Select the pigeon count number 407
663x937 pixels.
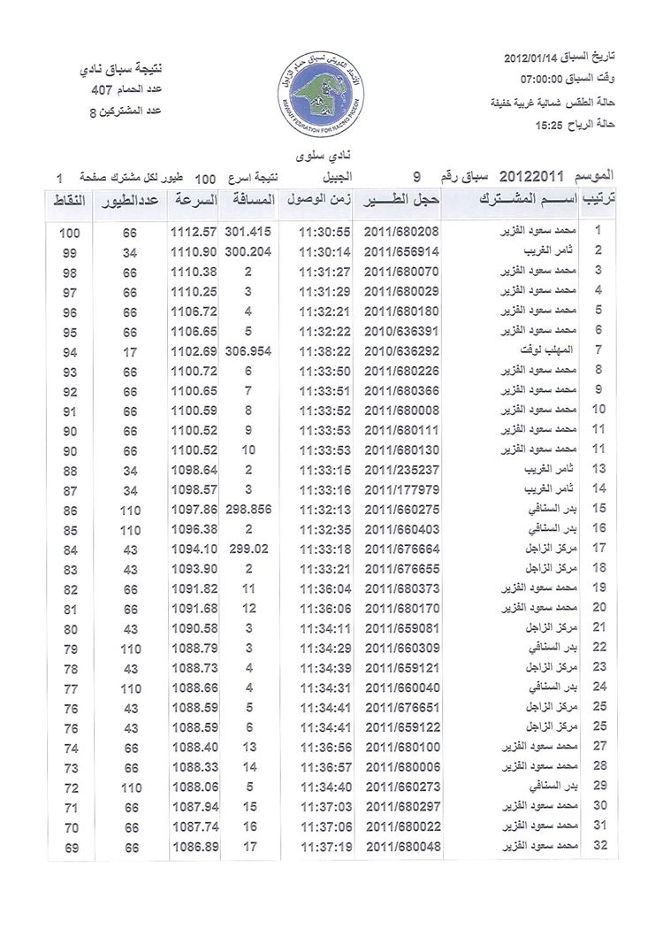pyautogui.click(x=101, y=90)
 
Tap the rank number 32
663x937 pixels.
pyautogui.click(x=599, y=847)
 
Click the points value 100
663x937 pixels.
pyautogui.click(x=71, y=233)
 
